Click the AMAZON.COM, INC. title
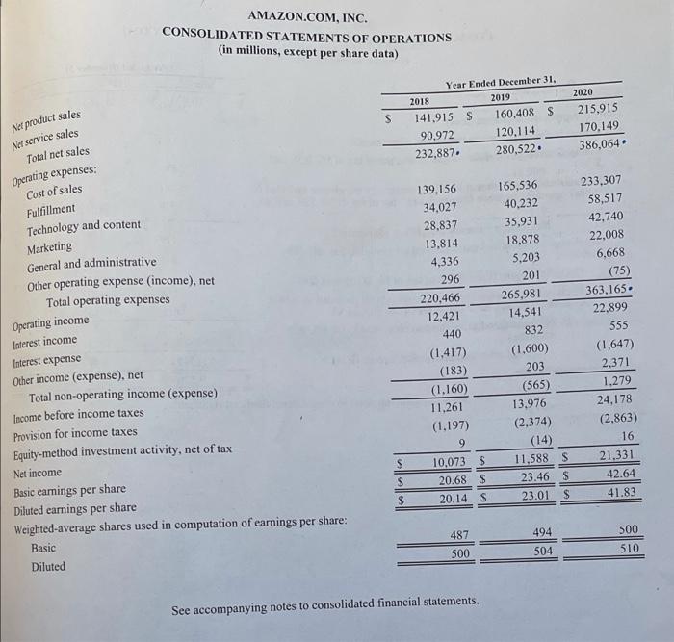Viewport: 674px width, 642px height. point(306,17)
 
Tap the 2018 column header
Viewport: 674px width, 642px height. point(420,100)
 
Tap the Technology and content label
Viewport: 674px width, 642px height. point(84,226)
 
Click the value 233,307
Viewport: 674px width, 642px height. point(604,180)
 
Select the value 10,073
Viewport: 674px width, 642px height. point(444,463)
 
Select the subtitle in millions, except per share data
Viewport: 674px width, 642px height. point(308,52)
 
